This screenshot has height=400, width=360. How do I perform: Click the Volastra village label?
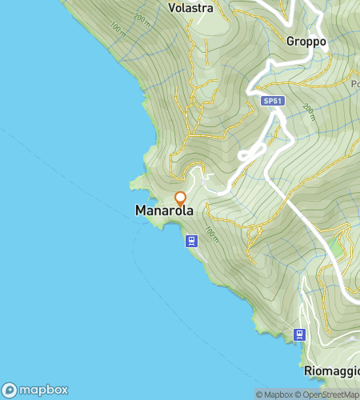[x=190, y=9]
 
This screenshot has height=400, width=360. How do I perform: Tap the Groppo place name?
[x=306, y=40]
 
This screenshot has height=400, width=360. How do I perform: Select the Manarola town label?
[x=164, y=210]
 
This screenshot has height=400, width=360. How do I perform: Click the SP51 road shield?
[x=272, y=102]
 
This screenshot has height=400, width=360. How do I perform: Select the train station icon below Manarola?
[x=191, y=240]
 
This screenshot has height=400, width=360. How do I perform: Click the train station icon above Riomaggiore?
[x=300, y=334]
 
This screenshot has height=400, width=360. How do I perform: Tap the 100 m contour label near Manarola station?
[x=211, y=234]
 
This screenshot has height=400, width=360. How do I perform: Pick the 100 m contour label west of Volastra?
[x=118, y=30]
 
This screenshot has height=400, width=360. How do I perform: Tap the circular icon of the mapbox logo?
[x=10, y=390]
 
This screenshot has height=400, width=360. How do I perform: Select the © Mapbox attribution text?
[x=274, y=394]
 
